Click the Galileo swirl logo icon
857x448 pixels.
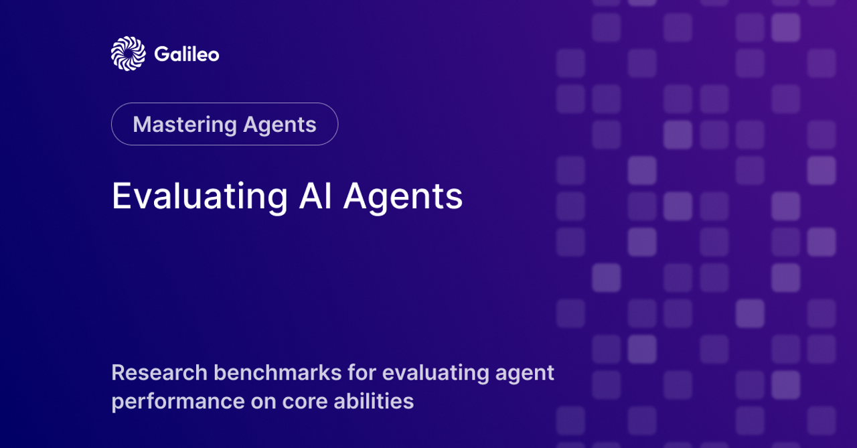(x=128, y=54)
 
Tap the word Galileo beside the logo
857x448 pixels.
(x=187, y=54)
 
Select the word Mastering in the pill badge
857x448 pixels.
(x=185, y=125)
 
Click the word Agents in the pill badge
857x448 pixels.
(x=280, y=125)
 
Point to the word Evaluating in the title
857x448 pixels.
(x=200, y=197)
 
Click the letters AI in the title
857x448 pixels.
(x=315, y=196)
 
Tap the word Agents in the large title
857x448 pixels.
(x=403, y=197)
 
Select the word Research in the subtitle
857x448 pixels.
(x=159, y=372)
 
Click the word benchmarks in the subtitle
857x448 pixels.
(x=277, y=372)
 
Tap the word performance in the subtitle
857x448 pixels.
(x=178, y=402)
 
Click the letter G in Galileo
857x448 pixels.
(x=162, y=54)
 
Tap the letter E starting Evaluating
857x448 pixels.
(x=121, y=196)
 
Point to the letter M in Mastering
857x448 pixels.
(x=143, y=125)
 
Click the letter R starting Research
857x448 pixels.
(x=119, y=373)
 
